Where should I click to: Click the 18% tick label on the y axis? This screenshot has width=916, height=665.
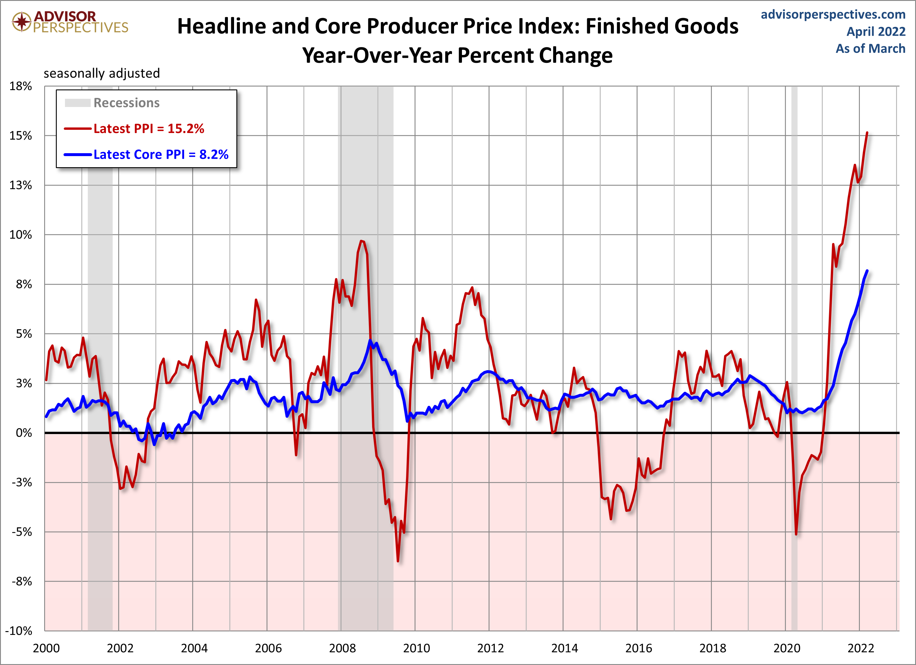(x=20, y=86)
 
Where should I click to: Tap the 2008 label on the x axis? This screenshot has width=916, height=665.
(x=342, y=648)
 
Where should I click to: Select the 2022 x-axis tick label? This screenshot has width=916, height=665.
(x=860, y=648)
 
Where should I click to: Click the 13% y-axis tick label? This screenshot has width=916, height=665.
(x=20, y=185)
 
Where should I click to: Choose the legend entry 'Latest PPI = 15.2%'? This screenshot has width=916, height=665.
(x=149, y=129)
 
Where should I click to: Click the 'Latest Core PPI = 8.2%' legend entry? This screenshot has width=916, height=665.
(x=161, y=155)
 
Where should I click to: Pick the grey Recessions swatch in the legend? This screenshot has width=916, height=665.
(x=78, y=103)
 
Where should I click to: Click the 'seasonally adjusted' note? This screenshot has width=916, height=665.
(x=102, y=73)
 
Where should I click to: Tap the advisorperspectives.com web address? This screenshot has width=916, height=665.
(x=833, y=15)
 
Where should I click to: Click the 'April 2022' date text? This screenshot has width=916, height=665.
(x=876, y=32)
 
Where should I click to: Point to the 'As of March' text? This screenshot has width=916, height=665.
(x=870, y=49)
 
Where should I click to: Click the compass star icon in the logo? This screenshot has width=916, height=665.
(x=22, y=21)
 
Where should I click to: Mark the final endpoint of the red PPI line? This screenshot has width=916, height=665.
(x=867, y=133)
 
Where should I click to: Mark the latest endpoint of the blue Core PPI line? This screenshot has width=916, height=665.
(x=867, y=271)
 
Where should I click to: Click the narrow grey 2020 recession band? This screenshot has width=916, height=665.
(x=794, y=363)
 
